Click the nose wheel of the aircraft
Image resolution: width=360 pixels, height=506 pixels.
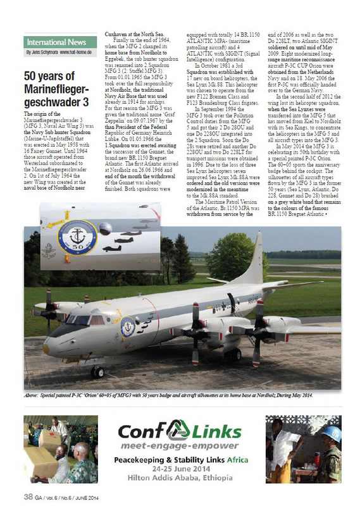[x=97, y=372]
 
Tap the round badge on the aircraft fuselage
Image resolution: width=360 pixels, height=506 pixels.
[x=128, y=328]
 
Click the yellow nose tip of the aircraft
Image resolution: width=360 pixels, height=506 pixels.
[x=46, y=348]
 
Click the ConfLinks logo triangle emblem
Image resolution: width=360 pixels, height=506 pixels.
[x=179, y=430]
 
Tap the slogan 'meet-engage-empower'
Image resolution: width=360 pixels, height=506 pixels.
[x=180, y=445]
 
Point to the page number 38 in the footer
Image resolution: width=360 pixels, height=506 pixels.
[x=28, y=495]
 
